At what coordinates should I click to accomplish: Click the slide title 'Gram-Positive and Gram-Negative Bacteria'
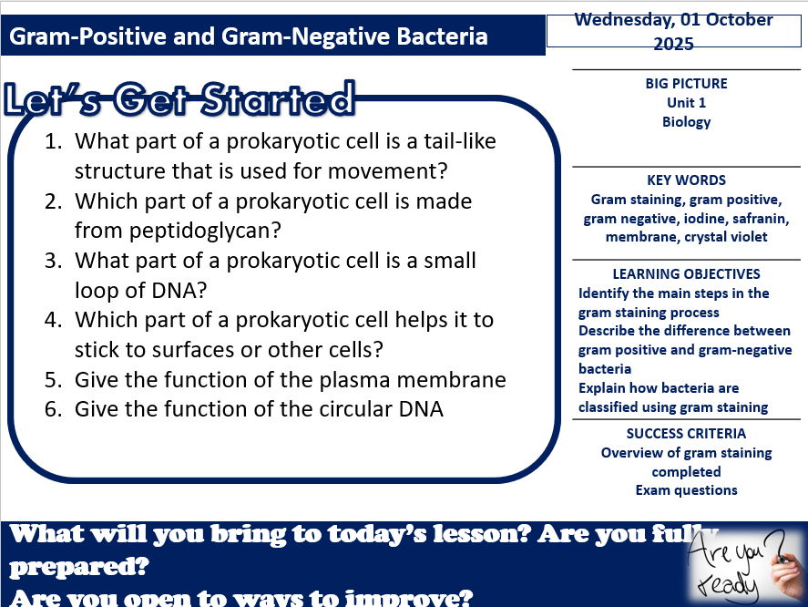click(x=248, y=37)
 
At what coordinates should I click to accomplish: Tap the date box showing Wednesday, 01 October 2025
click(x=673, y=31)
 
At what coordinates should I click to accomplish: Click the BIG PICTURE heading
click(x=686, y=84)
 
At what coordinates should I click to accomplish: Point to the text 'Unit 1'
click(x=686, y=103)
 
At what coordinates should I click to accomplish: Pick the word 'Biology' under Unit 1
click(x=686, y=122)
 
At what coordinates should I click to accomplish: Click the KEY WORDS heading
click(x=686, y=180)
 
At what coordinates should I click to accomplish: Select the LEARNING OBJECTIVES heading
click(x=686, y=274)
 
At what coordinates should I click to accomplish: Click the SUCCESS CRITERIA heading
click(x=686, y=434)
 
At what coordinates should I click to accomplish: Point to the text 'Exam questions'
click(x=686, y=490)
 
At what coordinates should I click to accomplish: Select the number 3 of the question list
click(x=53, y=261)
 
